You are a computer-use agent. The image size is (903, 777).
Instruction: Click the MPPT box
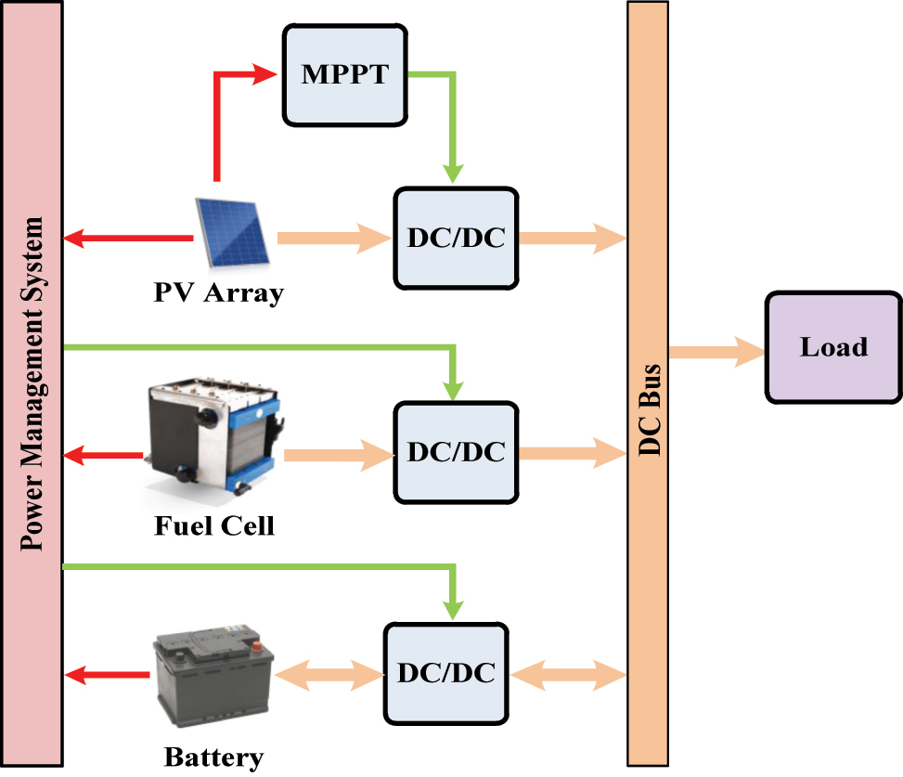pyautogui.click(x=345, y=74)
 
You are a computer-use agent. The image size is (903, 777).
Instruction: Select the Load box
pyautogui.click(x=832, y=347)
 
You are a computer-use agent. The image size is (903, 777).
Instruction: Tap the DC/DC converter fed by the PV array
pyautogui.click(x=455, y=238)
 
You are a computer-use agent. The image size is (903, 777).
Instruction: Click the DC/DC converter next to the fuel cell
pyautogui.click(x=455, y=452)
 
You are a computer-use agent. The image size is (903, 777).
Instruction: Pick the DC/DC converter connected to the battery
pyautogui.click(x=445, y=672)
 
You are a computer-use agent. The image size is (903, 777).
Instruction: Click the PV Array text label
pyautogui.click(x=218, y=294)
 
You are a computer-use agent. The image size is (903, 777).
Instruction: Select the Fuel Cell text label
pyautogui.click(x=214, y=527)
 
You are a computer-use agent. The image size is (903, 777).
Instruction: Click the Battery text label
pyautogui.click(x=213, y=757)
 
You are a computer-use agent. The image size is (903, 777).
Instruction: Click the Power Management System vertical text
pyautogui.click(x=33, y=382)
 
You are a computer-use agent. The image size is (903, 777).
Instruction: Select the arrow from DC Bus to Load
pyautogui.click(x=715, y=352)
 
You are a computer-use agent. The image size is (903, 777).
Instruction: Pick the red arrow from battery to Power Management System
pyautogui.click(x=110, y=676)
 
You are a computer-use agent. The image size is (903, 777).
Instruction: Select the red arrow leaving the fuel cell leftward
pyautogui.click(x=104, y=455)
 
